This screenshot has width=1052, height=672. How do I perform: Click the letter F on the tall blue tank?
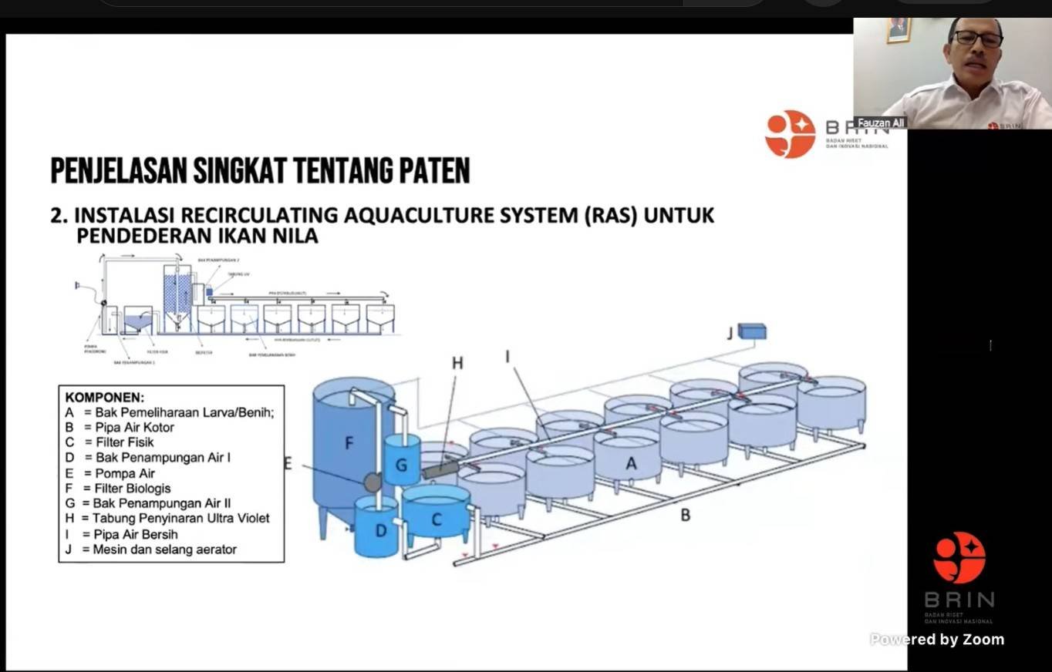[x=349, y=443]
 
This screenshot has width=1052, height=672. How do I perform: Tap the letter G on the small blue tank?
[x=401, y=465]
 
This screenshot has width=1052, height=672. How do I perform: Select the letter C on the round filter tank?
[x=436, y=519]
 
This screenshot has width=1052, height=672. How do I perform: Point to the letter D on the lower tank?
[x=380, y=530]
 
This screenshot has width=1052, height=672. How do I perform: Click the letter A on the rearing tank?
[x=631, y=463]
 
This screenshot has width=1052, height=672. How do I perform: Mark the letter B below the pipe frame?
[x=685, y=515]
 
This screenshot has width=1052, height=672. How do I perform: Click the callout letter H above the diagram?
[x=457, y=363]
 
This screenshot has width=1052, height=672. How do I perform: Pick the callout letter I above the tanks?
[x=507, y=356]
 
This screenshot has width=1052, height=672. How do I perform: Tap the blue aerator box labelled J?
[x=752, y=331]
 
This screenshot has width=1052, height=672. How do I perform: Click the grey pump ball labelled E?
[x=373, y=482]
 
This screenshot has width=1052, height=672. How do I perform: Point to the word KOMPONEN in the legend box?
[x=104, y=398]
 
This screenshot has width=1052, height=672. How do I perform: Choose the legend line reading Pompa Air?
[x=124, y=473]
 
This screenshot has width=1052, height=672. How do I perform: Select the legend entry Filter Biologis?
[x=132, y=489]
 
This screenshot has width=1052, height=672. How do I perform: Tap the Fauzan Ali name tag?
[x=881, y=123]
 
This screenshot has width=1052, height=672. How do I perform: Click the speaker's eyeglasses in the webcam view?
[x=977, y=38]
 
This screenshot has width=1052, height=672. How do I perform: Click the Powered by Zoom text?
[x=937, y=640]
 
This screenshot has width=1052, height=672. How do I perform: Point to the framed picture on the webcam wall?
[x=899, y=29]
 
